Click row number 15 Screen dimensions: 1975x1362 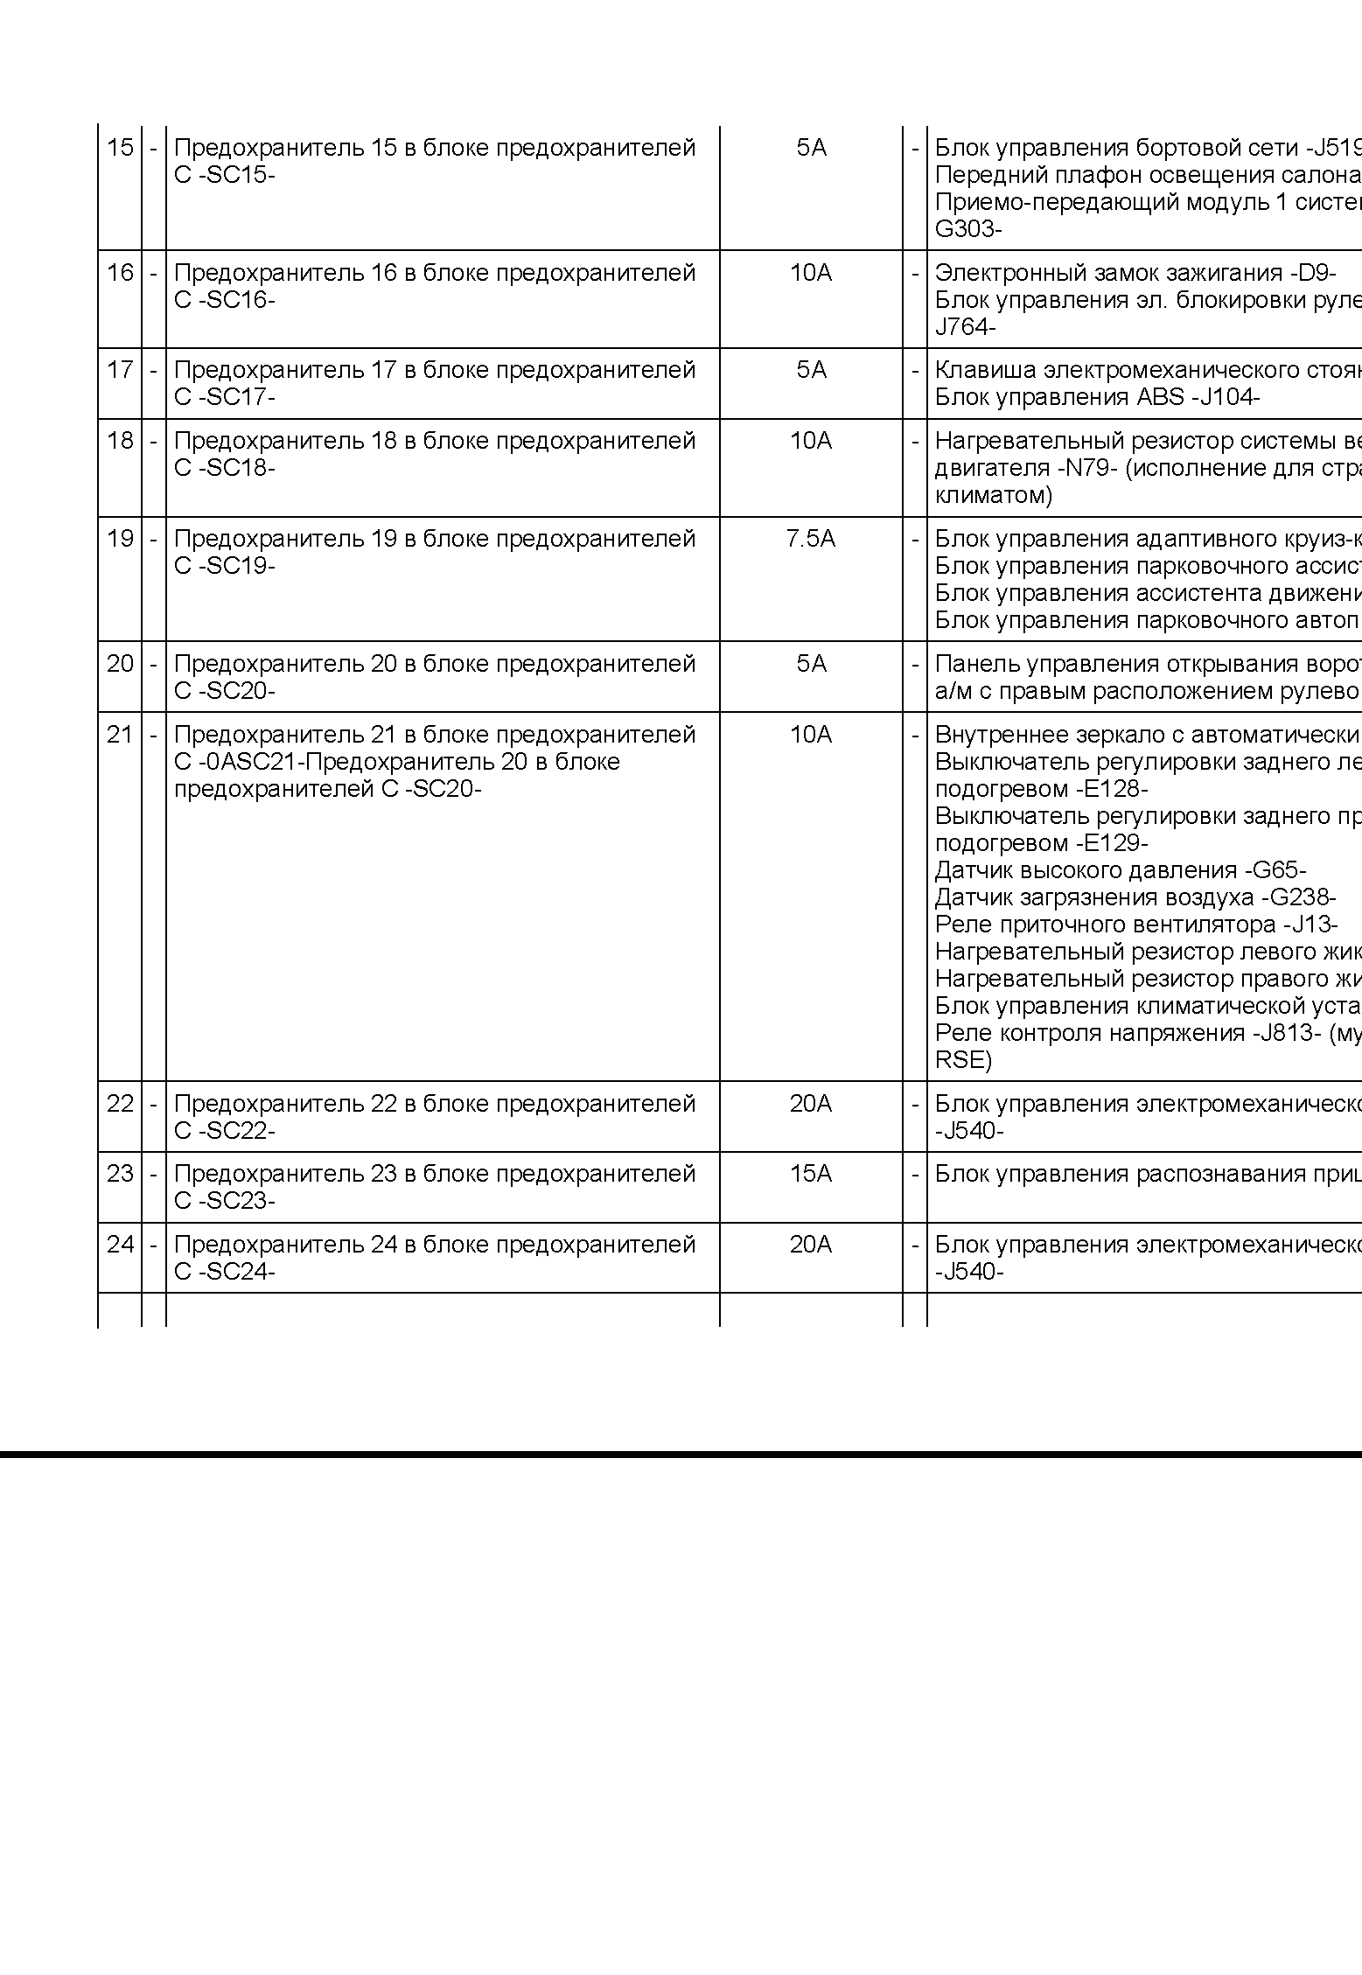(x=120, y=147)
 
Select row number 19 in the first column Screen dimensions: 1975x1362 (x=120, y=538)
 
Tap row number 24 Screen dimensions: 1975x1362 (x=120, y=1244)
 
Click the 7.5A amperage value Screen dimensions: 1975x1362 (x=810, y=538)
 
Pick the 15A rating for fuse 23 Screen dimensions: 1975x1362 (x=810, y=1173)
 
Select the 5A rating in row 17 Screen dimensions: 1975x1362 (x=811, y=369)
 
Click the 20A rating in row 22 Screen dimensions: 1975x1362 (x=810, y=1103)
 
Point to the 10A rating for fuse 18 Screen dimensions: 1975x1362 (x=810, y=440)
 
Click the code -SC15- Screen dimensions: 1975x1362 (x=236, y=175)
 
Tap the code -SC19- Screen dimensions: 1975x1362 (x=236, y=566)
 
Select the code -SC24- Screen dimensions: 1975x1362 (x=236, y=1272)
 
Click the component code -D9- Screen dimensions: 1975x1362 (x=1312, y=273)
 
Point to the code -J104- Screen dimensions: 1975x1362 (x=1225, y=397)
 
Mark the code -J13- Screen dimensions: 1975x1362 (x=1310, y=925)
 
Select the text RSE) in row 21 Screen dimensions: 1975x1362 (x=963, y=1061)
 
